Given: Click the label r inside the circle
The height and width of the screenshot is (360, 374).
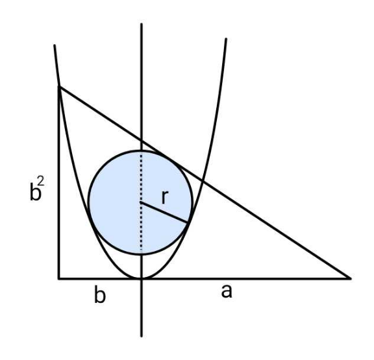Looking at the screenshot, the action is (x=165, y=197).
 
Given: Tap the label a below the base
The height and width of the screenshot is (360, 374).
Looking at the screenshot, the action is (x=227, y=291).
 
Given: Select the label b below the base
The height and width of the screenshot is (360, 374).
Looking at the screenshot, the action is (x=100, y=294).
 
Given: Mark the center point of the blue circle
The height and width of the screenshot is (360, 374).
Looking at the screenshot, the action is (x=141, y=202).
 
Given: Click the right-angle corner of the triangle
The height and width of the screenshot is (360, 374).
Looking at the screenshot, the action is (x=59, y=278).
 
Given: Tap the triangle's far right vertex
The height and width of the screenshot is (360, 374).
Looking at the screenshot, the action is (x=351, y=278).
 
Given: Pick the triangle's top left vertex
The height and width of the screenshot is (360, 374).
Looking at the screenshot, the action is (x=59, y=87).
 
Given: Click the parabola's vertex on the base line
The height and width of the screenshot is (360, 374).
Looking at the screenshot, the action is (x=142, y=278).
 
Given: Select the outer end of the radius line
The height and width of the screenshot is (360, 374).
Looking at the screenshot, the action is (x=187, y=222).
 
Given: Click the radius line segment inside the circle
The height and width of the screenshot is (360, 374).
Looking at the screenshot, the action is (x=164, y=213).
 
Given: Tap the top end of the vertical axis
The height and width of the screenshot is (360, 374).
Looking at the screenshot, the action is (x=142, y=24).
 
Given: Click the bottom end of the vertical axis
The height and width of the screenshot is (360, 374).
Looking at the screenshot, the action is (x=142, y=336).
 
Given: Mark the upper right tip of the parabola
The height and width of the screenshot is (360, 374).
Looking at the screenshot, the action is (x=226, y=39).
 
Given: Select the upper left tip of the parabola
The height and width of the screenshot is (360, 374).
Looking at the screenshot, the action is (x=55, y=45).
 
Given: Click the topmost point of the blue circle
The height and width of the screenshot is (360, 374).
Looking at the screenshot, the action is (x=141, y=151).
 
